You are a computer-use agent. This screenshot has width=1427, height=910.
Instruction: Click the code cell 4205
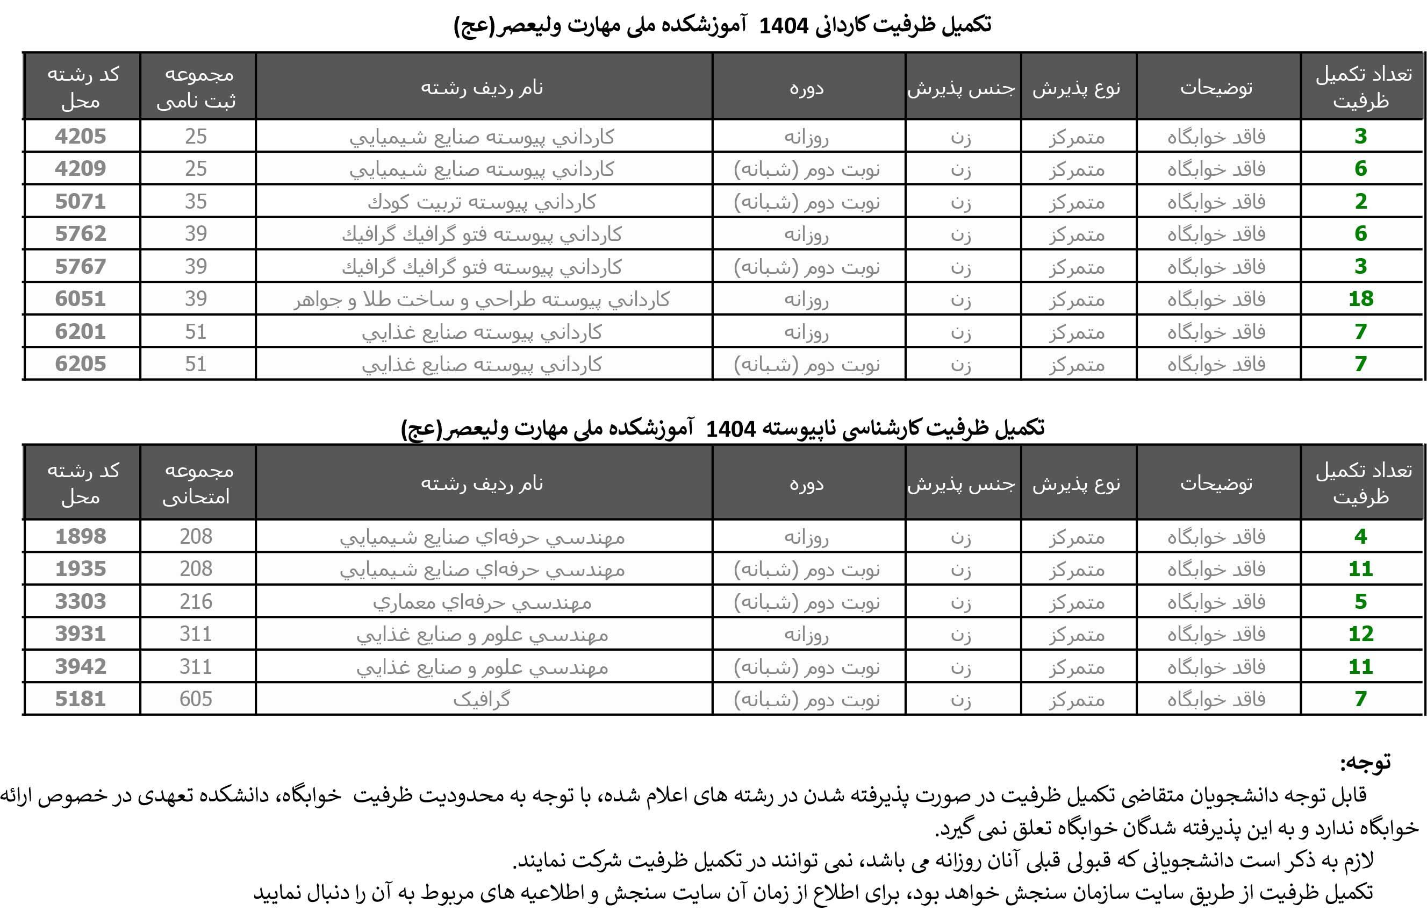pos(81,137)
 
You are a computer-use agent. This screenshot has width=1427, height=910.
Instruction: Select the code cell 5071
pos(81,202)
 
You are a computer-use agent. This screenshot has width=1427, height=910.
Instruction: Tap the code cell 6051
pos(81,299)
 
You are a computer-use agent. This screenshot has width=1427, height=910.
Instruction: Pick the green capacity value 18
pos(1361,299)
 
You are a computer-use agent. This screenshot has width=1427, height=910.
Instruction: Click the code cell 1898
pos(81,537)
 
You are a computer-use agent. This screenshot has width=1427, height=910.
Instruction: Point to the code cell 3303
pos(81,602)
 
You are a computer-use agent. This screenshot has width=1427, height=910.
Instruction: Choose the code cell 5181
pos(81,699)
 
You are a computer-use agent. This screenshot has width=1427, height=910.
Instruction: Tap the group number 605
pos(196,699)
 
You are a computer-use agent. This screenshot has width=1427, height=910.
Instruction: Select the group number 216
pos(196,602)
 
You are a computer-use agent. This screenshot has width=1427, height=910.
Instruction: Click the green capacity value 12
pos(1361,634)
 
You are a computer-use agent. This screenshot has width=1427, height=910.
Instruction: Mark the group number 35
pos(196,202)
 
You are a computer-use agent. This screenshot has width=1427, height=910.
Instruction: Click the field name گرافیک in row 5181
pos(481,700)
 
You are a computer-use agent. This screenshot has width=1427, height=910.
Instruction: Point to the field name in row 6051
pos(481,300)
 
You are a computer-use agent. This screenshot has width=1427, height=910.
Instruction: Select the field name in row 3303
pos(481,602)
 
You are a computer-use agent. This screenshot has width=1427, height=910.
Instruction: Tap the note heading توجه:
pos(1365,763)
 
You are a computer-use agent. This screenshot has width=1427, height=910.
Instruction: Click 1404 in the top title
pos(784,25)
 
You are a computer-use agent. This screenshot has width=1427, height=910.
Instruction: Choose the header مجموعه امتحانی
pos(197,483)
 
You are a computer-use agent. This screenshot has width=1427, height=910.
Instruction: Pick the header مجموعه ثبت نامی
pos(197,87)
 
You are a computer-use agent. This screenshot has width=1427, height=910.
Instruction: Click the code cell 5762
pos(81,233)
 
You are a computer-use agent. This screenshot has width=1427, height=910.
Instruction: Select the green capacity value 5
pos(1361,602)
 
